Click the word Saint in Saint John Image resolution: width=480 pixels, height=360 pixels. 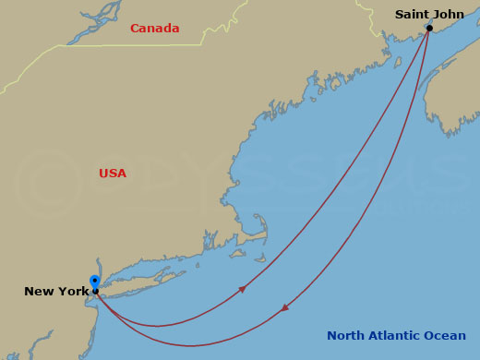[x=411, y=14]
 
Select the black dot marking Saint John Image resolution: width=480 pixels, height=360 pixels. [x=429, y=28]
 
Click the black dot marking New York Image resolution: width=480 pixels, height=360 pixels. [x=95, y=291]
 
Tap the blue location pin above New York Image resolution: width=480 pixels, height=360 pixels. [x=95, y=281]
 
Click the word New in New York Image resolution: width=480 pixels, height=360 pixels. [x=39, y=292]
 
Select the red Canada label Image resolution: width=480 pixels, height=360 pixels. [x=154, y=29]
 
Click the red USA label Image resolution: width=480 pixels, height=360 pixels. [x=113, y=174]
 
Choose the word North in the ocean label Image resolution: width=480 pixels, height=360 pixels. [x=347, y=336]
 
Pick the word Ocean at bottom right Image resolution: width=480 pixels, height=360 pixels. [x=448, y=336]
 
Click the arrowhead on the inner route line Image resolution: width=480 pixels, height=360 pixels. [x=242, y=290]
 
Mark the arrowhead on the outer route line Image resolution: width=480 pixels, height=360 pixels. [x=285, y=306]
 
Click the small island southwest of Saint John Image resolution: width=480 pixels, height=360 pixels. [x=398, y=63]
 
